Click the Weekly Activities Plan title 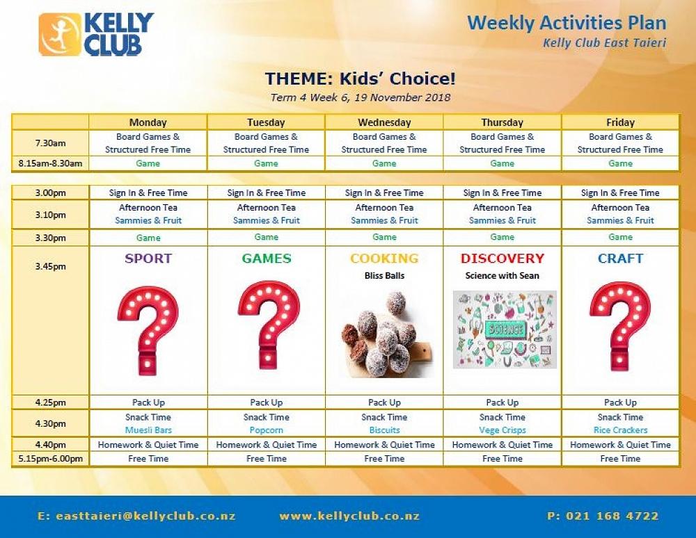click(x=567, y=23)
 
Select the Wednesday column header click(x=384, y=122)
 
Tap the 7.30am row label click(x=51, y=143)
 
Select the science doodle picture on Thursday click(x=505, y=329)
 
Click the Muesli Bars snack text click(x=148, y=430)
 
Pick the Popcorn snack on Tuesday click(x=267, y=430)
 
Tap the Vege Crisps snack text click(x=503, y=430)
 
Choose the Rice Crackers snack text click(x=621, y=430)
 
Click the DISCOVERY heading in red click(x=503, y=259)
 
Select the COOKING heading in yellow click(x=384, y=259)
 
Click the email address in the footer click(x=136, y=516)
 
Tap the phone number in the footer click(x=603, y=516)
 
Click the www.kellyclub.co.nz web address click(x=349, y=516)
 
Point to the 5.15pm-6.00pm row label click(x=51, y=459)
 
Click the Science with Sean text click(x=503, y=276)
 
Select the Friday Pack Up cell click(x=621, y=402)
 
